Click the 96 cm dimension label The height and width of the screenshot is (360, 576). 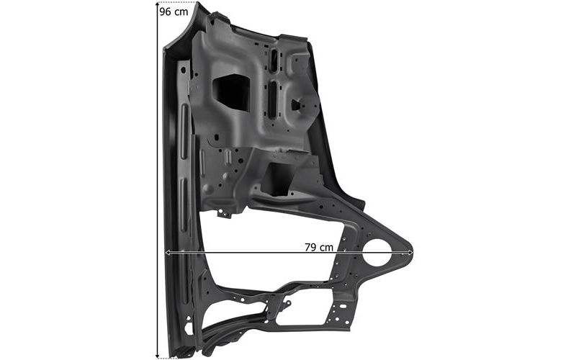coord(174,12)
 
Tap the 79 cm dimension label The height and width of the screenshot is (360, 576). coord(319,247)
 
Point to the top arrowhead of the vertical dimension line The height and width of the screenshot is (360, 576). coord(158,4)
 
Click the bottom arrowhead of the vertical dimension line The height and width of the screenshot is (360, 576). coord(158,355)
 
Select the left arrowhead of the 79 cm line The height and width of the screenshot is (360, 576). coord(168,253)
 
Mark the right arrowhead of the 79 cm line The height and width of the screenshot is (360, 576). coord(410,253)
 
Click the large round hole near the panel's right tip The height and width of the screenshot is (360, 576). coord(377,253)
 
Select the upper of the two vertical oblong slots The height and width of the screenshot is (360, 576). coord(274,60)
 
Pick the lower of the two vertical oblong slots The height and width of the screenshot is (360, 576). coord(273,99)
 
